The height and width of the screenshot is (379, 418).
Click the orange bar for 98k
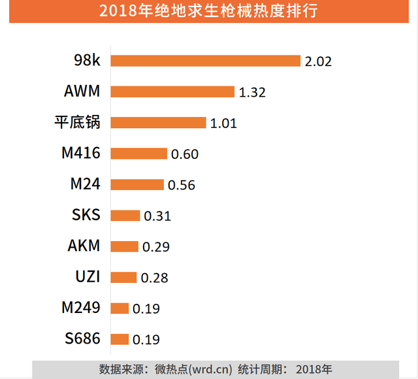tap(205, 61)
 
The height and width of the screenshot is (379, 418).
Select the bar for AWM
tap(172, 91)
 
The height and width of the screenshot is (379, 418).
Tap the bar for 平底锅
tap(158, 123)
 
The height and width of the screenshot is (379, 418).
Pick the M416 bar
tap(138, 154)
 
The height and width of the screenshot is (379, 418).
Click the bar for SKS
tap(125, 215)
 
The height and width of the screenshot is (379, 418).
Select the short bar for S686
tap(120, 338)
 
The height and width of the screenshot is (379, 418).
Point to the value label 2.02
tap(318, 62)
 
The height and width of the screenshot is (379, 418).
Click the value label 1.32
tap(252, 93)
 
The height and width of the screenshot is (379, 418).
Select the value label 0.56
tap(182, 186)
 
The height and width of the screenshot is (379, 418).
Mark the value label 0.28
tap(154, 278)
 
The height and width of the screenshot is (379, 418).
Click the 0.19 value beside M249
tap(146, 309)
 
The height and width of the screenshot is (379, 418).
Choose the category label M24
tap(85, 184)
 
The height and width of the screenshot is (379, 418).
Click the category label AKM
tap(84, 246)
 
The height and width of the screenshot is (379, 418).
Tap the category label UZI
tap(87, 276)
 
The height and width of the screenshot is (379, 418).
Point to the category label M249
tap(81, 308)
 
